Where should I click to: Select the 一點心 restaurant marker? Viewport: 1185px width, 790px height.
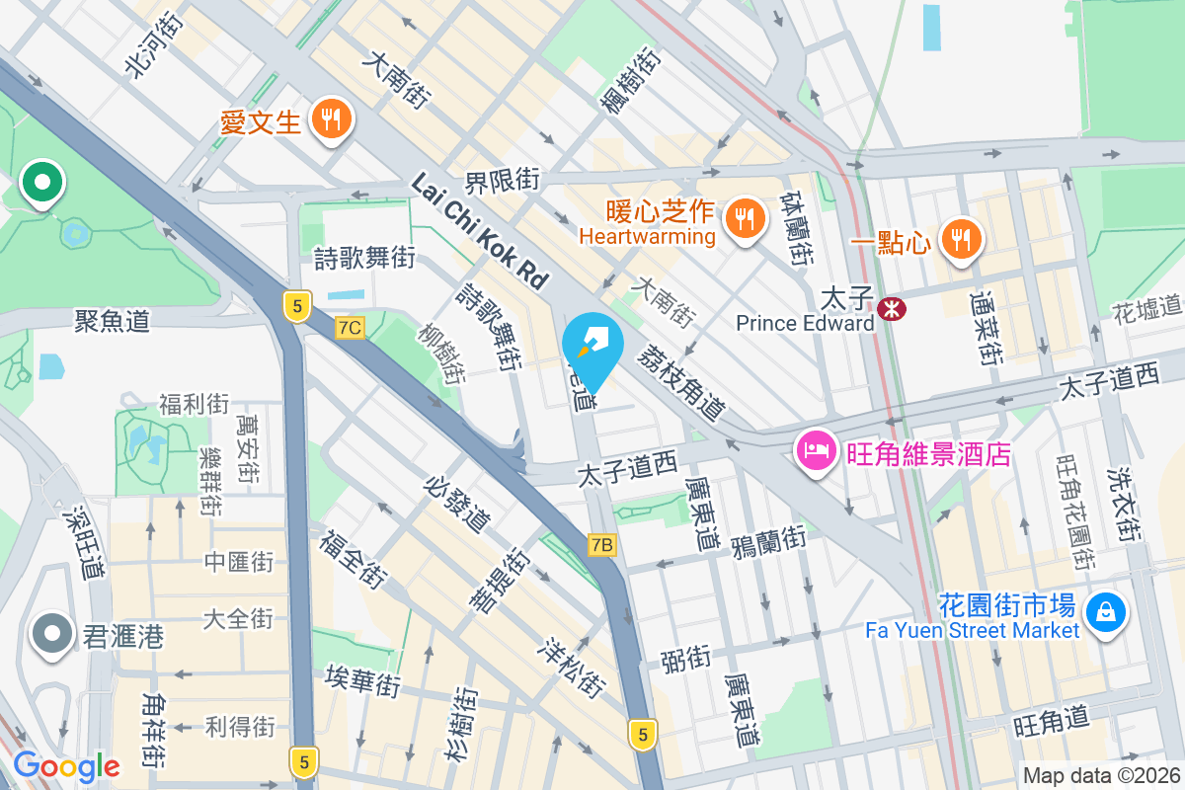coord(959,238)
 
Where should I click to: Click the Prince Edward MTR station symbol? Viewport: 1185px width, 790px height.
coord(892,308)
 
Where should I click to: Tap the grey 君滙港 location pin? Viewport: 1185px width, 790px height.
coord(51,633)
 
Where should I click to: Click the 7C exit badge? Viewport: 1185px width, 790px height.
coord(351,327)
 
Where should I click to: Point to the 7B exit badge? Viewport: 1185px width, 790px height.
coord(601,544)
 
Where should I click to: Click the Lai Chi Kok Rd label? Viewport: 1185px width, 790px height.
coord(479,231)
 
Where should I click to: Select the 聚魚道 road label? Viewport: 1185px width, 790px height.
coord(113,320)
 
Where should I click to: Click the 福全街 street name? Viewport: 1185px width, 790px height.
coord(353,558)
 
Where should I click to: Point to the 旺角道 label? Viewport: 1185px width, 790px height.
coord(1050,723)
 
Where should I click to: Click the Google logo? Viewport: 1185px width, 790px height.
coord(66,765)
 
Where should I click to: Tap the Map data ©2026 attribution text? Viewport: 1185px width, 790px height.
coord(1100,776)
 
